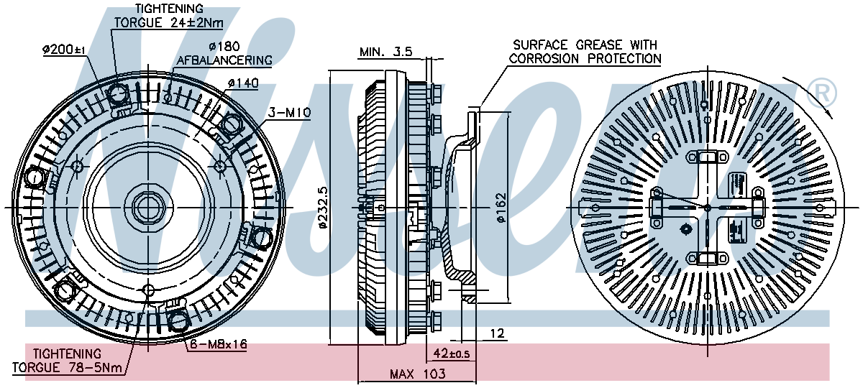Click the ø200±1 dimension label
(64, 50)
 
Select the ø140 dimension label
(242, 83)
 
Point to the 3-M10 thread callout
(288, 113)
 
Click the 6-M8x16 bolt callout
(219, 345)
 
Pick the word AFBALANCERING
(224, 60)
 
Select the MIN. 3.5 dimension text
(385, 52)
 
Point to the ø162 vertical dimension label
(501, 208)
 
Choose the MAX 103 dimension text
(417, 374)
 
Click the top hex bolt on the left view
(118, 93)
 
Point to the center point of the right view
(707, 208)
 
